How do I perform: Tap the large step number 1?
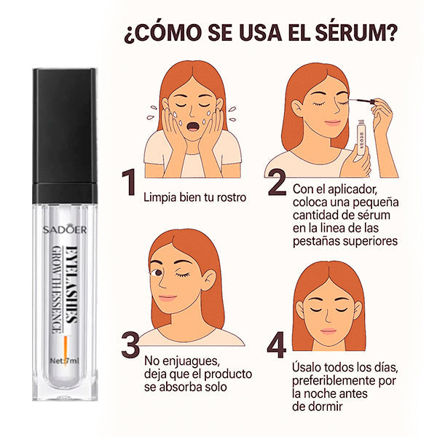pos(129,183)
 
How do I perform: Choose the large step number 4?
pos(277,345)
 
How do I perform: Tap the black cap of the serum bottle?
pos(64,135)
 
